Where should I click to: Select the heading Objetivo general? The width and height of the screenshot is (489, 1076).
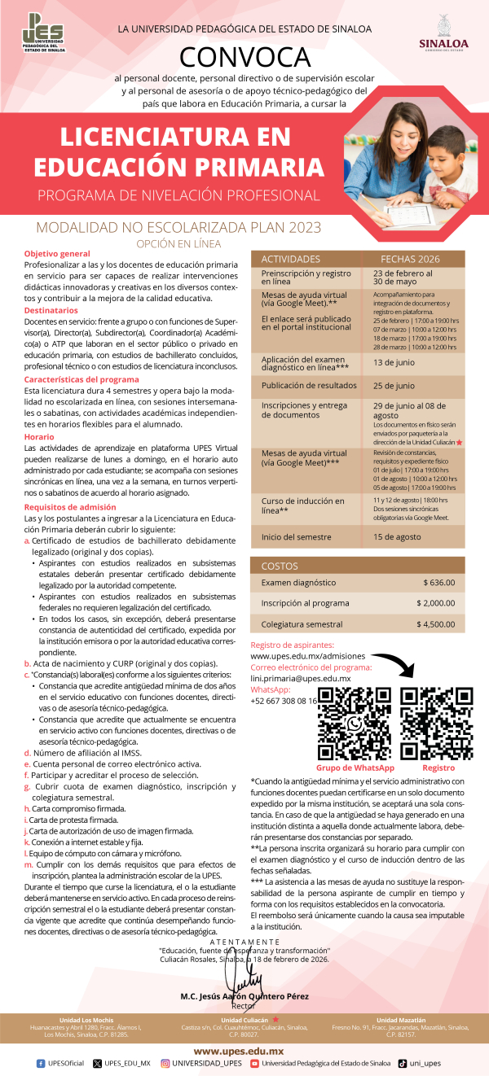click(x=57, y=254)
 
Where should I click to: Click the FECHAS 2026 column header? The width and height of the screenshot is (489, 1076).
click(x=410, y=259)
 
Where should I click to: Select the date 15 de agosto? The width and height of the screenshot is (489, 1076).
click(x=397, y=537)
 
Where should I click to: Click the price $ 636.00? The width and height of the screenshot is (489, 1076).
click(x=439, y=583)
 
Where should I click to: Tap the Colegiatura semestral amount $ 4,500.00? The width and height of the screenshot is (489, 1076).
click(x=435, y=625)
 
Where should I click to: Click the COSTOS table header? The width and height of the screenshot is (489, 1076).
click(x=280, y=565)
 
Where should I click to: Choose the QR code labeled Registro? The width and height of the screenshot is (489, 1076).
click(x=438, y=724)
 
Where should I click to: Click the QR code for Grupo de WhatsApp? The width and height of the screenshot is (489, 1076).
click(x=355, y=724)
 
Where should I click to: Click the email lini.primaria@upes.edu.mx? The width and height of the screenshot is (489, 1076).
click(x=300, y=678)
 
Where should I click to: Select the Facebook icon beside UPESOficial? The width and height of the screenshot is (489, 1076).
click(x=42, y=1063)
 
